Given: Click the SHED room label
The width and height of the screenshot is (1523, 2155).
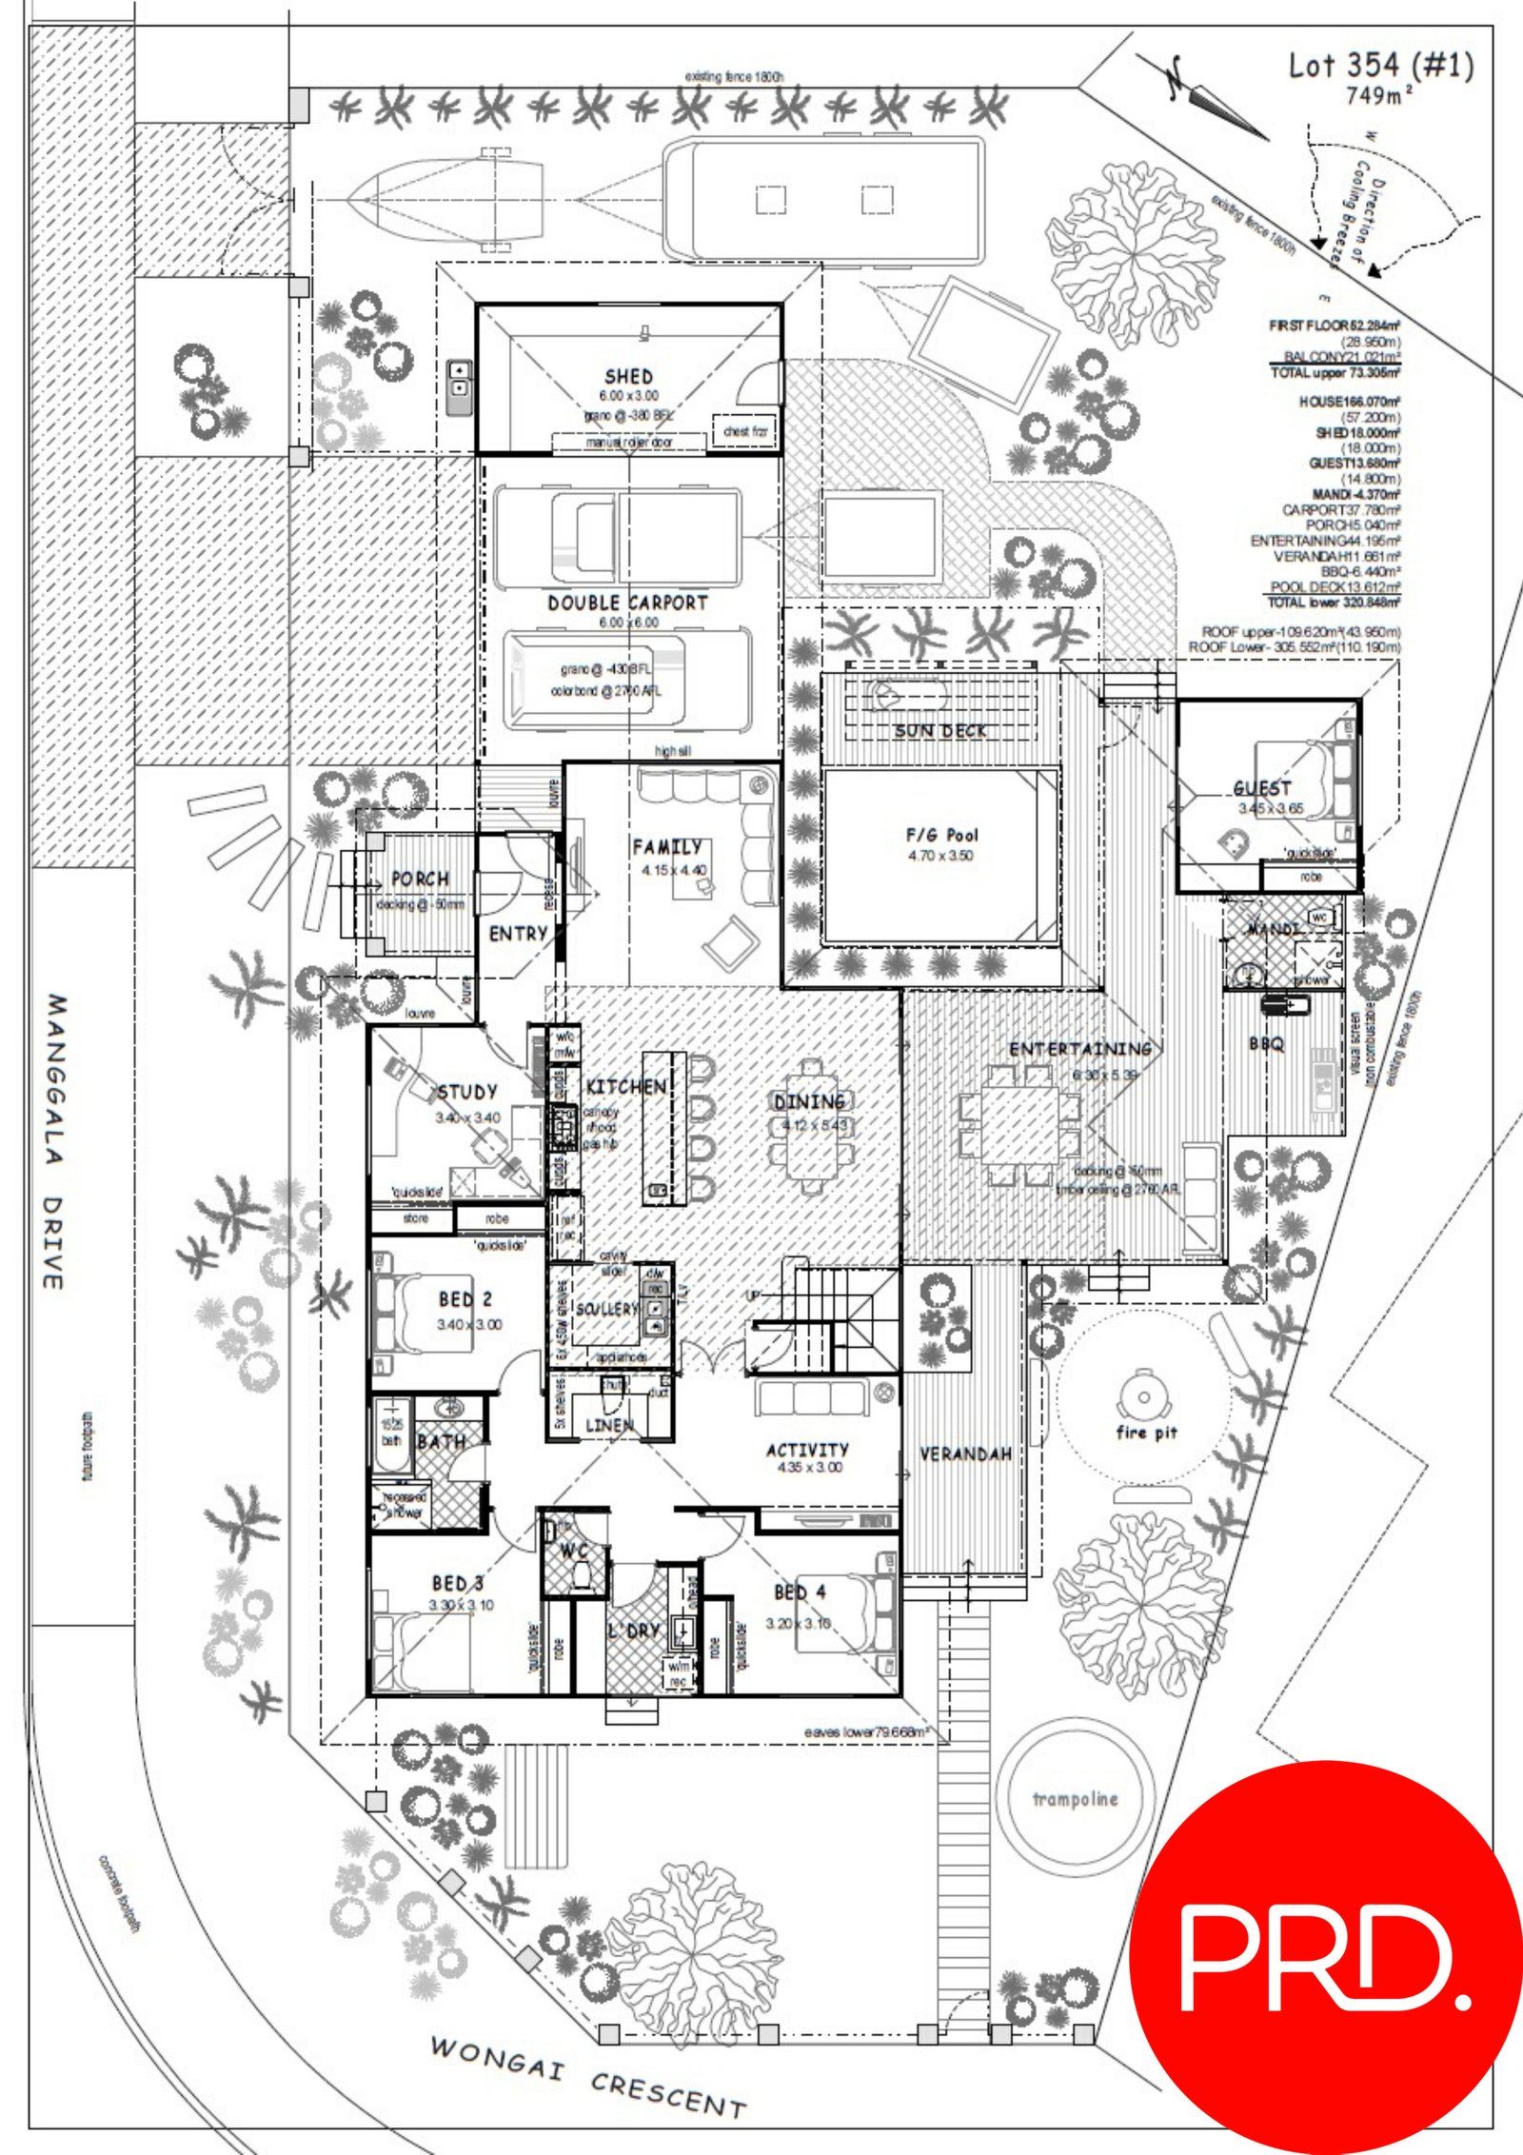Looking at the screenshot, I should pos(628,377).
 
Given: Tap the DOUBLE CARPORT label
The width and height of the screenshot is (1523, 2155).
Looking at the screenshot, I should pos(627,603).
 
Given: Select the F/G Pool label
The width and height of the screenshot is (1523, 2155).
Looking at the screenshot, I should pos(940,835).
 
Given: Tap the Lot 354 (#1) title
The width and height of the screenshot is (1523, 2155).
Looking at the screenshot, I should pos(1380,66).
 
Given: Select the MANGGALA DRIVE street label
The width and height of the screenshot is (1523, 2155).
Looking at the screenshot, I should pos(55,1142).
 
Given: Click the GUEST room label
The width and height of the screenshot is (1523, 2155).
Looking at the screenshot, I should pos(1262,788).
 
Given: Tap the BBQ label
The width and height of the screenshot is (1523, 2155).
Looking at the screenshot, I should pos(1266,1044).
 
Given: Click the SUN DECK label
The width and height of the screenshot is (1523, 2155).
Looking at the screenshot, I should pos(940,731).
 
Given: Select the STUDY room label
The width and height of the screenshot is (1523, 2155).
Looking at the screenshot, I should pos(466,1092).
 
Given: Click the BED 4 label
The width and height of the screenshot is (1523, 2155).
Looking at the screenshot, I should pos(800,1592).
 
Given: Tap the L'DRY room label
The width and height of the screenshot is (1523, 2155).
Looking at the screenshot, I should pos(634,1630).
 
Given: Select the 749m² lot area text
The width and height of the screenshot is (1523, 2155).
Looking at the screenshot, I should pos(1378,96).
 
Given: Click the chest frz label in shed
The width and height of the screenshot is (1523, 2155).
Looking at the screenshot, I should pos(744,431).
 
